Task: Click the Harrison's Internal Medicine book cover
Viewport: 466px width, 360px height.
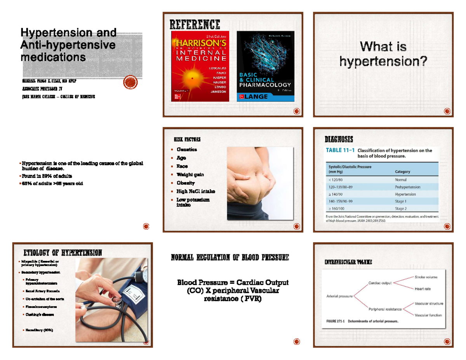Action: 200,66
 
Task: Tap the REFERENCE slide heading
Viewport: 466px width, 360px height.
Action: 195,25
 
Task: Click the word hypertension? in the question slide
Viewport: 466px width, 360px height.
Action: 383,61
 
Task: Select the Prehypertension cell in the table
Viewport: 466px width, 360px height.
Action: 407,187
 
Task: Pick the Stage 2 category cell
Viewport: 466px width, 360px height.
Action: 400,209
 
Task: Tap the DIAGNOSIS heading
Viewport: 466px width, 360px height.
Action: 339,139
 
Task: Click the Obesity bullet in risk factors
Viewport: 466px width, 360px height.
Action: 186,183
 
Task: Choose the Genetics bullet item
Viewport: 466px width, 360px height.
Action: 187,150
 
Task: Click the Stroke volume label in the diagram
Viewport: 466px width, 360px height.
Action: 426,277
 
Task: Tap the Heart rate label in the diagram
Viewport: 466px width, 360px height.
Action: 423,289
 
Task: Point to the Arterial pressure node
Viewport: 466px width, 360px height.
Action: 339,296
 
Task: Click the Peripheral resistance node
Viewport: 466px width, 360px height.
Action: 385,309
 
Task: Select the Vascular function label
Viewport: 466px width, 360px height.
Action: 428,315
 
